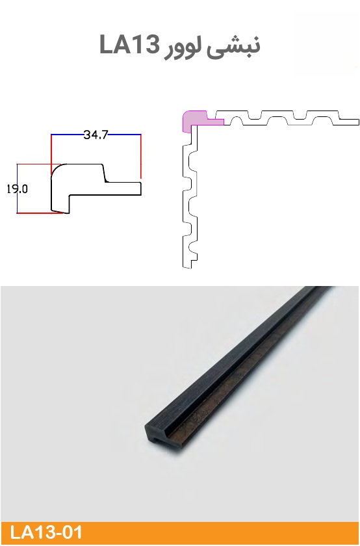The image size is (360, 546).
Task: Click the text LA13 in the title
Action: click(129, 45)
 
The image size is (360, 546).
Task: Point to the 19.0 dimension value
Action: click(17, 188)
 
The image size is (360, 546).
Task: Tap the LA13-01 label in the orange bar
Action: click(45, 533)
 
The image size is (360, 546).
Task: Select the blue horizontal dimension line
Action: click(96, 134)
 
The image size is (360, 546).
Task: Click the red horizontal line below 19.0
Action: click(40, 213)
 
